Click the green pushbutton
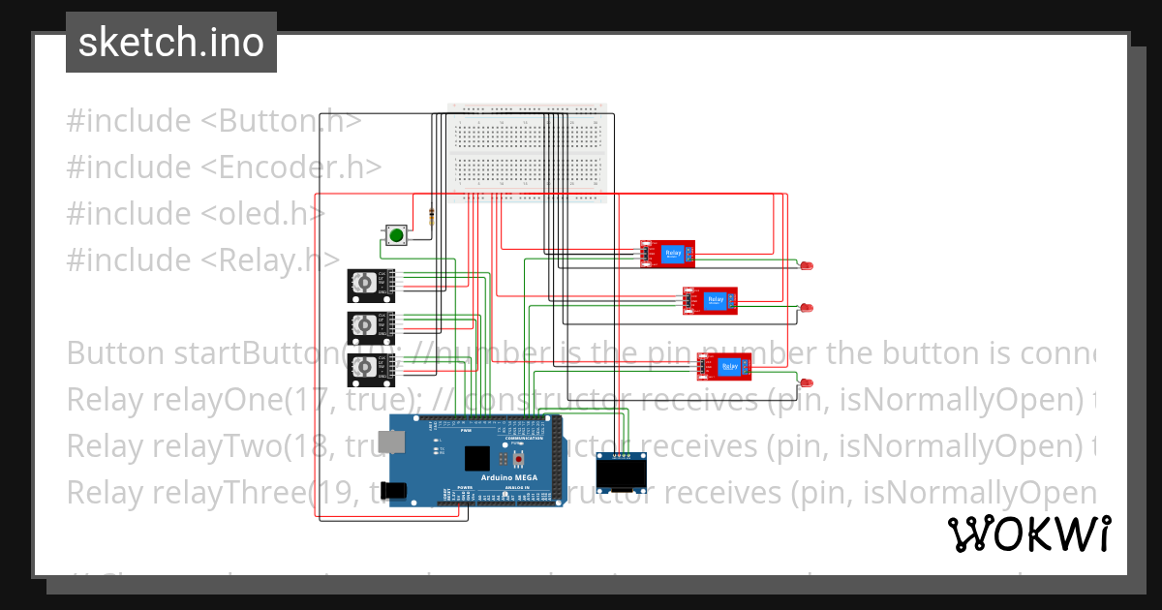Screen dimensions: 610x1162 pos(395,234)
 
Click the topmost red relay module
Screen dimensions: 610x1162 pos(667,254)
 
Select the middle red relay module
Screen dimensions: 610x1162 pos(710,300)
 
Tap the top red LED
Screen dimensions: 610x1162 pos(807,265)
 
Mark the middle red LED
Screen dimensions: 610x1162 pos(807,307)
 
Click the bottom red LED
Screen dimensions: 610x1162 pos(807,381)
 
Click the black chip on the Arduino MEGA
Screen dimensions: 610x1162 pos(477,459)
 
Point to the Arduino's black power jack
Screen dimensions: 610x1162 pos(395,491)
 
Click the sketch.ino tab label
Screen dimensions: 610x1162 pos(171,43)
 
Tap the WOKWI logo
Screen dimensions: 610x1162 pos(1028,534)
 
